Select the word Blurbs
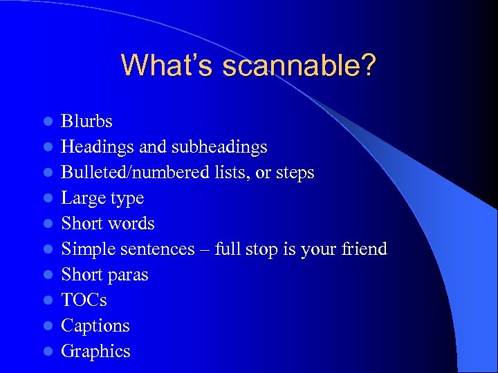pos(86,122)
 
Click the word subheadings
pos(221,147)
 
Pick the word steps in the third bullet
pos(295,173)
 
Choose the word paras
pos(127,275)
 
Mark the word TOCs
pos(84,300)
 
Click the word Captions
pos(95,325)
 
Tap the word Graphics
pos(95,351)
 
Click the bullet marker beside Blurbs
pos(47,122)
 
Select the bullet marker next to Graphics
pos(47,352)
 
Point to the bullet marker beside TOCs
pos(47,300)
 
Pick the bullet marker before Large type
pos(47,199)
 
